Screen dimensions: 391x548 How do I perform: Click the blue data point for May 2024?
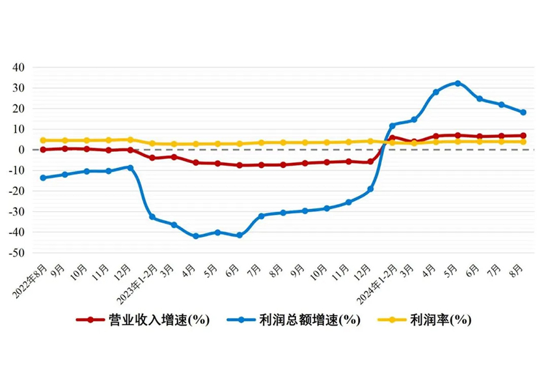(x=458, y=83)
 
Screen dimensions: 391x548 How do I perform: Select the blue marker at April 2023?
(x=196, y=236)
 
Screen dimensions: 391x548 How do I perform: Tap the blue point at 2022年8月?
(x=43, y=177)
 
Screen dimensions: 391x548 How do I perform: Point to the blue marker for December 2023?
(x=370, y=189)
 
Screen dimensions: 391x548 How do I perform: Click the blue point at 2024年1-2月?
(x=392, y=126)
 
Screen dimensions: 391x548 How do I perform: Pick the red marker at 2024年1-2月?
(x=392, y=138)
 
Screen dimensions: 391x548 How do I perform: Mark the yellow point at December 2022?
(x=130, y=139)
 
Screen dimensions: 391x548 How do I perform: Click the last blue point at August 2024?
(x=523, y=112)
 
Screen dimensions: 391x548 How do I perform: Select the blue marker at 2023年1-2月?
(x=152, y=216)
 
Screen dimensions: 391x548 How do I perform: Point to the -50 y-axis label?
(x=16, y=253)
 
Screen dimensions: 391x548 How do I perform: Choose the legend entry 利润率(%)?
(x=440, y=320)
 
